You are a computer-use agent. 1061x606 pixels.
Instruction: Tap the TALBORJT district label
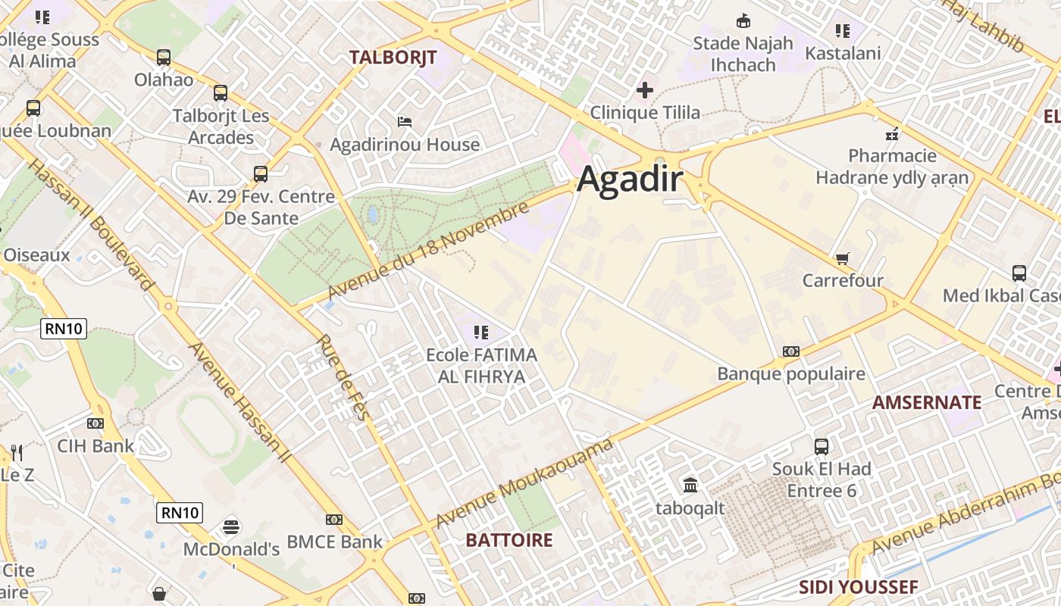pos(393,57)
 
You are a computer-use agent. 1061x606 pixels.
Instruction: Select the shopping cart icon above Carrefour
pos(842,259)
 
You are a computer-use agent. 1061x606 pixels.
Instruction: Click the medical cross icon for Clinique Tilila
pos(645,91)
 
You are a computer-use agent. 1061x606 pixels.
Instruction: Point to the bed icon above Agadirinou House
pos(405,121)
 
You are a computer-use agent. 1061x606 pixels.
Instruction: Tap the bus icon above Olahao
pos(164,57)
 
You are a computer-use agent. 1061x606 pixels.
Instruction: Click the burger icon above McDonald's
pos(231,526)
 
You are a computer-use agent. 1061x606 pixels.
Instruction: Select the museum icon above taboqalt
pos(690,485)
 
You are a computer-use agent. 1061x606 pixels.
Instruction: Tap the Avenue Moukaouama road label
pos(524,483)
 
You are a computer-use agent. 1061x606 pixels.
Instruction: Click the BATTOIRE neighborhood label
pos(509,540)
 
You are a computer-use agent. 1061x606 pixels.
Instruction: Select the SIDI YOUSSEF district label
pos(858,587)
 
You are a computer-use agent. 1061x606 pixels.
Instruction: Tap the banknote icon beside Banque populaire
pos(791,351)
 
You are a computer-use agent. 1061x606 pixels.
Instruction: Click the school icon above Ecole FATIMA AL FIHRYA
pos(480,332)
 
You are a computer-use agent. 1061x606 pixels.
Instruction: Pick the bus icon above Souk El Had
pos(822,446)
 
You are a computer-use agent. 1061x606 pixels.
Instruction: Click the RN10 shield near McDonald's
pos(180,513)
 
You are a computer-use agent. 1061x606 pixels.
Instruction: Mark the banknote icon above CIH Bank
pos(95,423)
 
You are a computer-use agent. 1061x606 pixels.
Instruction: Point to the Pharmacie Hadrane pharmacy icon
pos(892,134)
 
